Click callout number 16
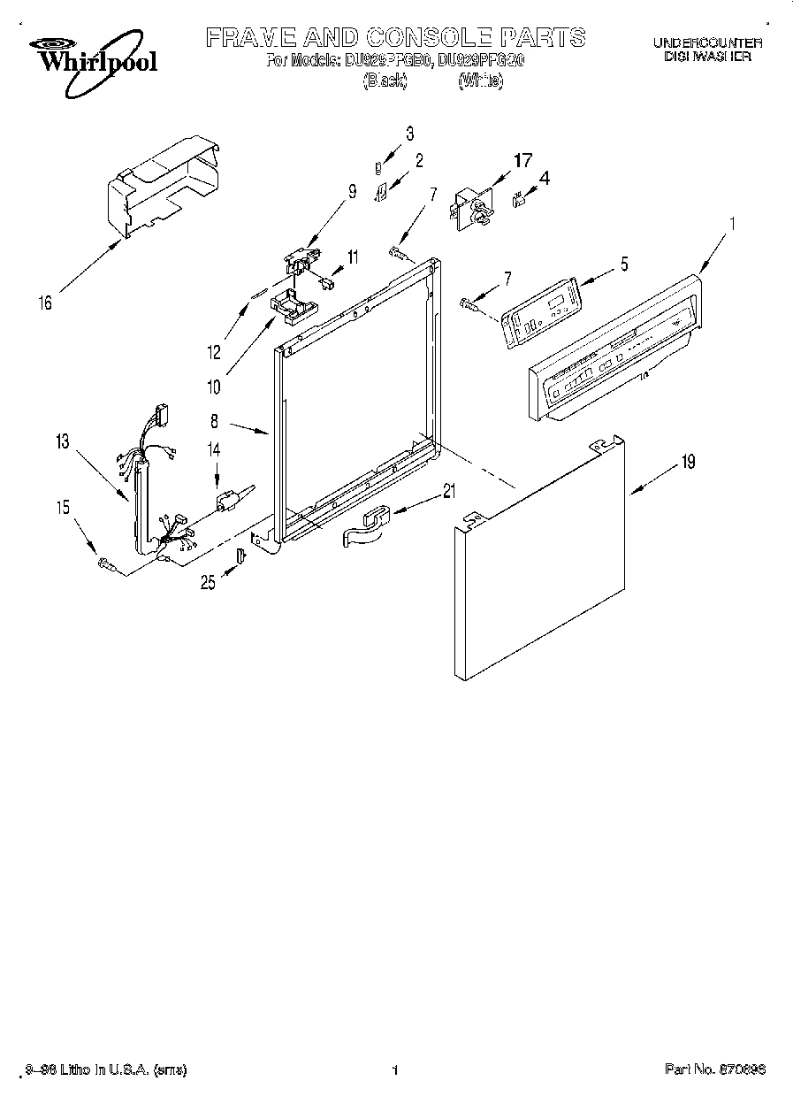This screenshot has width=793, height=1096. tap(44, 303)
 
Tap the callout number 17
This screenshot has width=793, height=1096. tap(522, 161)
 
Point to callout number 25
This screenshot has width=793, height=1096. tap(208, 583)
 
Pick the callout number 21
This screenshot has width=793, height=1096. tap(449, 492)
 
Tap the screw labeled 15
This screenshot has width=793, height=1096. tap(105, 562)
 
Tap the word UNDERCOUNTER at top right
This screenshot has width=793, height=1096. tap(708, 42)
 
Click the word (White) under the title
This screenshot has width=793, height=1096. tap(480, 81)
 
